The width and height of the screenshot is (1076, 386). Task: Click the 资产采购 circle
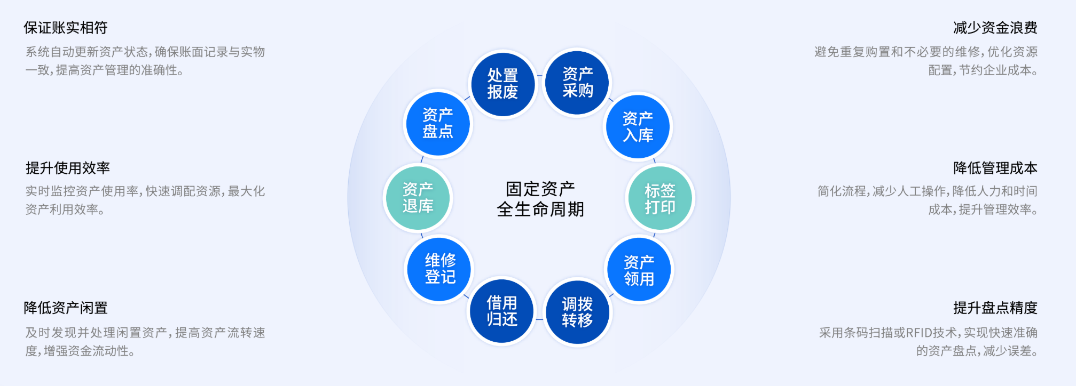point(577,83)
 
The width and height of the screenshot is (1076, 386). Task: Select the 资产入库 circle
point(638,127)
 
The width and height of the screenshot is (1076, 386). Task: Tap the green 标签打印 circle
point(660,198)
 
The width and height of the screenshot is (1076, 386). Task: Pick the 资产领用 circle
point(639,270)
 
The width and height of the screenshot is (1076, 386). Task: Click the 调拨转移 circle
point(577,312)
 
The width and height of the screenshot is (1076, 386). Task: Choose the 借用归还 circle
point(502,311)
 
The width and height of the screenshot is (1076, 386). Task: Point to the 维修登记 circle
point(440,269)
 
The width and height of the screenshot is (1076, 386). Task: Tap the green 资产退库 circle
point(418,198)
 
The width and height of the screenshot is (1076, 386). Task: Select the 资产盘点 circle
point(438,123)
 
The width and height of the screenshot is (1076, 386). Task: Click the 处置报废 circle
point(502,84)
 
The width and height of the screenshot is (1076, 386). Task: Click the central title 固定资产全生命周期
point(540,199)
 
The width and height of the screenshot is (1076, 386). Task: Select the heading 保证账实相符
point(66,28)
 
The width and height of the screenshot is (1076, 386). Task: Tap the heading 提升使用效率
point(68,168)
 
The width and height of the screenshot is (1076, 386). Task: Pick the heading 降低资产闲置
point(66,308)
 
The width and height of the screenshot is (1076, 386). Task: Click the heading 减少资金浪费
point(995,28)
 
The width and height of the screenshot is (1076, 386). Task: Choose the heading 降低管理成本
point(995,168)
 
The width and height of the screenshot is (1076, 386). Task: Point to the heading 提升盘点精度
point(995,308)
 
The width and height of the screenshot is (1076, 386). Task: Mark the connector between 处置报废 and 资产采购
point(540,76)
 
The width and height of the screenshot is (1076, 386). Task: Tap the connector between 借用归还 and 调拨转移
point(539,319)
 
